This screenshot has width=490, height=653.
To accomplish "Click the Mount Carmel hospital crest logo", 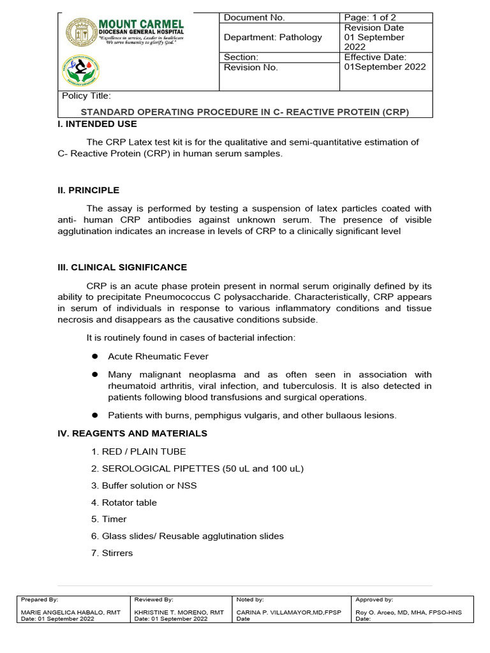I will (x=81, y=32).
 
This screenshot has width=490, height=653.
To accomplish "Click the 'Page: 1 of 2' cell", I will (x=369, y=18).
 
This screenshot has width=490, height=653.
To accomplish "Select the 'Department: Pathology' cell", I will (x=272, y=38).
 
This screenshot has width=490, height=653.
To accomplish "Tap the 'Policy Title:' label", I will (x=86, y=96).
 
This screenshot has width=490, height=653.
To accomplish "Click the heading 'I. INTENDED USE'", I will (x=97, y=124).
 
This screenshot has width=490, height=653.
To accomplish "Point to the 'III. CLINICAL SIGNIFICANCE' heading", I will (x=122, y=267).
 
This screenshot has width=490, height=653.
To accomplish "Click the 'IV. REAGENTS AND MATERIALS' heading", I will (x=132, y=434).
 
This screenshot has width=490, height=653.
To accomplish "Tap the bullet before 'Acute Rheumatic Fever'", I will (x=94, y=356).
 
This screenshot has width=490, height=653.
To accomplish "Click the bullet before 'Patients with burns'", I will (x=94, y=415).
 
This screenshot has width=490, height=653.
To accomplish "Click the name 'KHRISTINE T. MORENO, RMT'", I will (x=179, y=612).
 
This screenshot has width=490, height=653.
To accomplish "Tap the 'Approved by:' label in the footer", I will (x=375, y=600).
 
